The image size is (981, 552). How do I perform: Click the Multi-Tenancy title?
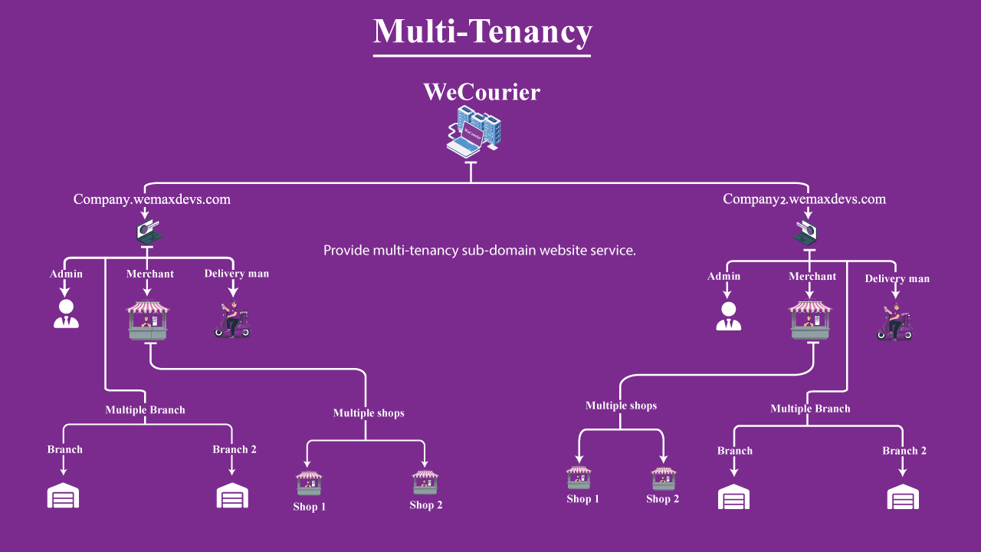click(482, 32)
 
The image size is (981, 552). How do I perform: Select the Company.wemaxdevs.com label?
click(152, 199)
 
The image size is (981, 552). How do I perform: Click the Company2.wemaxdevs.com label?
click(804, 199)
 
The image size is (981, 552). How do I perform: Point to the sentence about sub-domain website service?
click(480, 251)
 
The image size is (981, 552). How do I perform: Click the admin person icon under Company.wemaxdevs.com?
click(66, 314)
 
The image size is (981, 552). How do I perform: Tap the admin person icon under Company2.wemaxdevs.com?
click(728, 316)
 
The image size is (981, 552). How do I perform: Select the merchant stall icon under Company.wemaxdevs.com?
click(148, 320)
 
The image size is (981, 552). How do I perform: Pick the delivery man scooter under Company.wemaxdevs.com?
click(232, 320)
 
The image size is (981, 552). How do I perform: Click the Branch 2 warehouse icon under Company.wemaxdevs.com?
click(231, 495)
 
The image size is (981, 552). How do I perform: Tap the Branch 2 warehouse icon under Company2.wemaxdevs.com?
click(903, 497)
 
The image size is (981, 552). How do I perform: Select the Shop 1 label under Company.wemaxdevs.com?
click(310, 507)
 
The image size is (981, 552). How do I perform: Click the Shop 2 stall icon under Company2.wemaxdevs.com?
click(664, 478)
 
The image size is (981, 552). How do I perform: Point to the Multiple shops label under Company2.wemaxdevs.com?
click(621, 406)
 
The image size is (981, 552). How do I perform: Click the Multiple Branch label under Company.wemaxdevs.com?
click(145, 410)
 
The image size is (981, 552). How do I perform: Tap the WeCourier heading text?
click(481, 93)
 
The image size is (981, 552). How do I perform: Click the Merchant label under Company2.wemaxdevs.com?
click(812, 276)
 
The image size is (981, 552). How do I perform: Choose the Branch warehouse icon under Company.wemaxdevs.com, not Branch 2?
click(64, 495)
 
